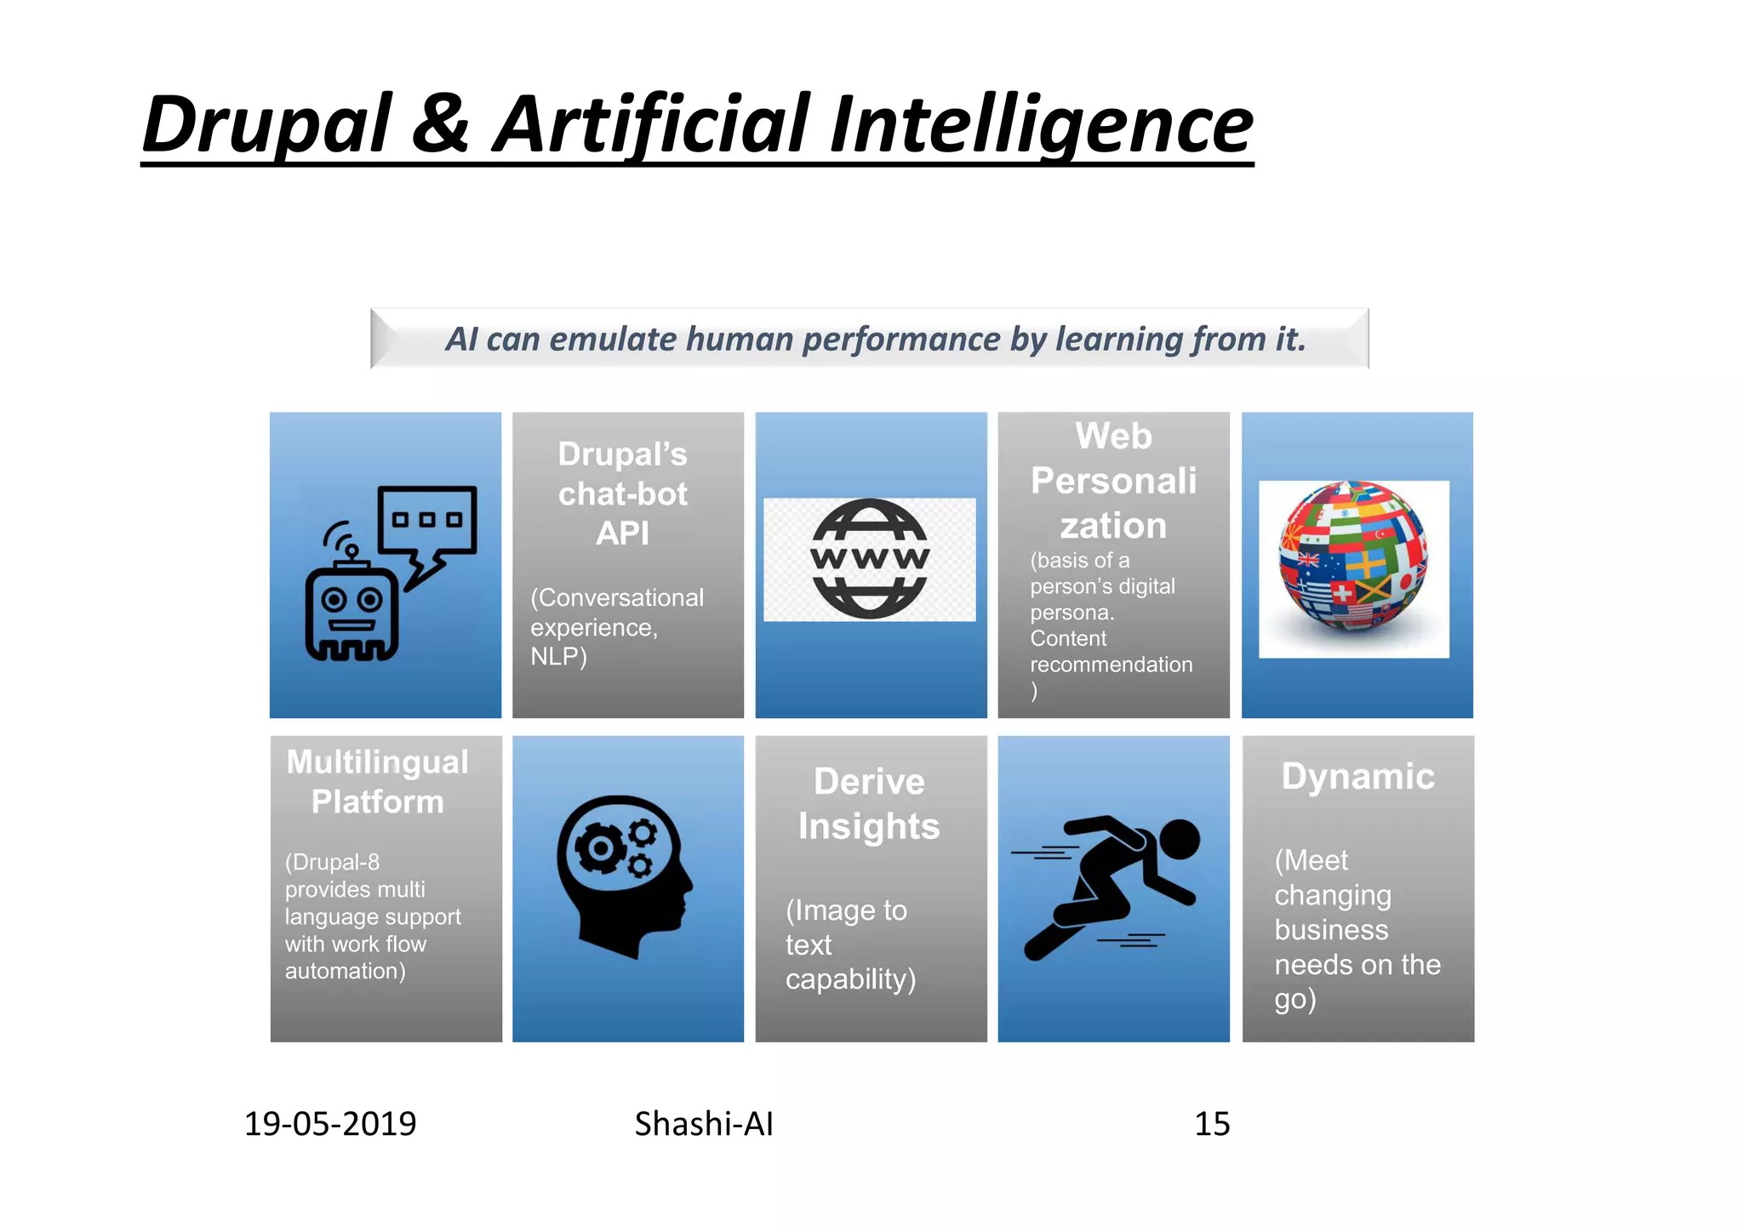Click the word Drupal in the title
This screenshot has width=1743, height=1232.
point(266,126)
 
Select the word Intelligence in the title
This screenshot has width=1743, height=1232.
point(1040,126)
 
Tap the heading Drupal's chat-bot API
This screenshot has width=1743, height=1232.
point(623,493)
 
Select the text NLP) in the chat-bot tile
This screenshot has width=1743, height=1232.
point(558,657)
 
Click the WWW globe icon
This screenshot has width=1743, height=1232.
point(870,559)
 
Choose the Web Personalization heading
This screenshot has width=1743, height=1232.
point(1113,481)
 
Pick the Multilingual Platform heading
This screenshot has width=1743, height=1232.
point(378,782)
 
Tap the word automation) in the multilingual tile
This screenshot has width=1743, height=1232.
point(345,971)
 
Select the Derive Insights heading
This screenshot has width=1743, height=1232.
point(869,804)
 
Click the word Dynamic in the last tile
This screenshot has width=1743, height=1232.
point(1358,777)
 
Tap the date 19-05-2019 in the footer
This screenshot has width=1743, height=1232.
point(330,1124)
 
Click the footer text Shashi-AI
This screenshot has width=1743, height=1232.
point(704,1124)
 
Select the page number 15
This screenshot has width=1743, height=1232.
point(1212,1124)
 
